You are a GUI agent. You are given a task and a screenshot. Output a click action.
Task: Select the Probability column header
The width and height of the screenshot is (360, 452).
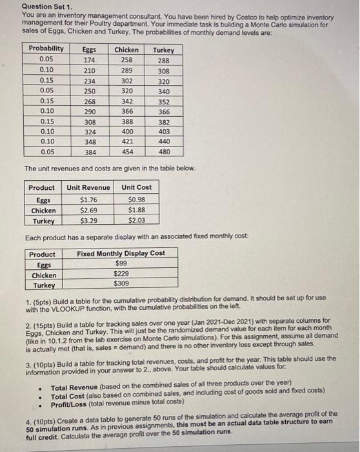coord(46,48)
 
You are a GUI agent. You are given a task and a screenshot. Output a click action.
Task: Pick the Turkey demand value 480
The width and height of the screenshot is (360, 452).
coord(164,152)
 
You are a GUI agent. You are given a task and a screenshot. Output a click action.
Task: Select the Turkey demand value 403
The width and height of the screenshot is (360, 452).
coord(164,132)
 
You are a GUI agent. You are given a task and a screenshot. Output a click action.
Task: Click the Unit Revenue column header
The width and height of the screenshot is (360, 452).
coord(88,188)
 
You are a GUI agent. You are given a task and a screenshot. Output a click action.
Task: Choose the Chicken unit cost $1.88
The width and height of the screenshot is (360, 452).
coord(136,210)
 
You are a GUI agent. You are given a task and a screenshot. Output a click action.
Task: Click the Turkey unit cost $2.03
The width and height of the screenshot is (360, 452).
coord(136,221)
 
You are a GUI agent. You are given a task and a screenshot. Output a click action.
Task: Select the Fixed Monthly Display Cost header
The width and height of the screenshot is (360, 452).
coord(121,253)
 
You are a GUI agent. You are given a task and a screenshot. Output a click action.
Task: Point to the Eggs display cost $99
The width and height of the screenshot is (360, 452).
coord(121,263)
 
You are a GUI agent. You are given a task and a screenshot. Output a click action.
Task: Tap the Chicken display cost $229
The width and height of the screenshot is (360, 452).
coord(121,274)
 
